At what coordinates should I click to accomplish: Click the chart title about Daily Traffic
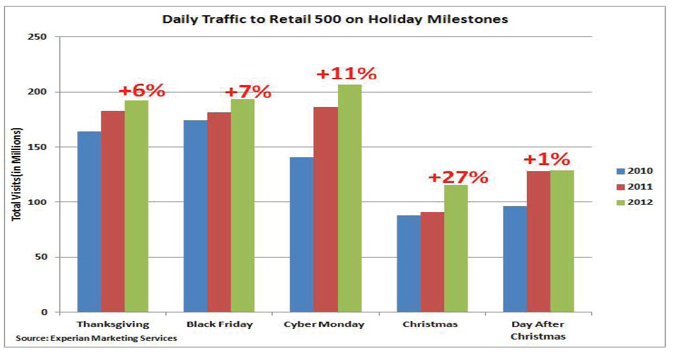[335, 19]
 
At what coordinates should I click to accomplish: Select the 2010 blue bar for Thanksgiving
[89, 221]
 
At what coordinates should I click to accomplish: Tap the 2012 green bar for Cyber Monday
[349, 198]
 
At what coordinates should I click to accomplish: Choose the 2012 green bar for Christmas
[455, 248]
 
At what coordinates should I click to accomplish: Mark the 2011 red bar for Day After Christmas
[538, 241]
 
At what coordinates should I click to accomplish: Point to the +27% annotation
[458, 177]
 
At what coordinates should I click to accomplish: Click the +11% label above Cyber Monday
[347, 73]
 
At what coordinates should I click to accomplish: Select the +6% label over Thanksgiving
[141, 90]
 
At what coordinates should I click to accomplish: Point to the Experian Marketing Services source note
[96, 338]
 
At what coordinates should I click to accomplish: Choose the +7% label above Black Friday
[248, 91]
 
